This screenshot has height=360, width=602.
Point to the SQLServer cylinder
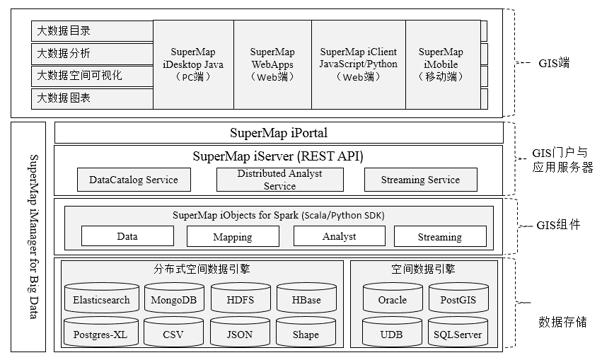coord(458,334)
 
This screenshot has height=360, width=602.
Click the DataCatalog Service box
coord(134,180)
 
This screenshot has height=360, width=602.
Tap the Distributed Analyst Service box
coord(279,180)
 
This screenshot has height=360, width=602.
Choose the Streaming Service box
coord(420,180)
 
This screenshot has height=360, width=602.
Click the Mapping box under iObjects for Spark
coord(233,237)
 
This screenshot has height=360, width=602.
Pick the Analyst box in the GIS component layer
coord(339,236)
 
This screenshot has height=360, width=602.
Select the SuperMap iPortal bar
coord(279,133)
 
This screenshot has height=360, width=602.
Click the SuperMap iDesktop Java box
coord(192,64)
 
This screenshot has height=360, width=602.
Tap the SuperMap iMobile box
coord(441,64)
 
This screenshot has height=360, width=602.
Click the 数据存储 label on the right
coord(562,323)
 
